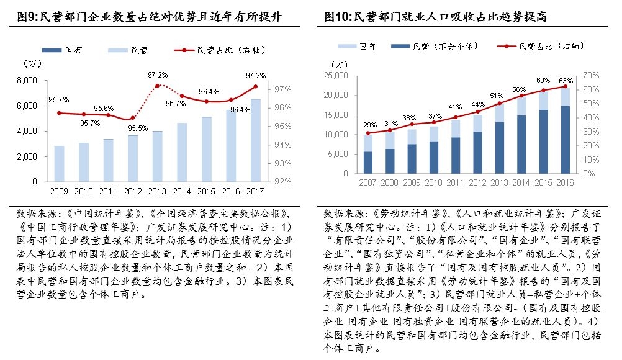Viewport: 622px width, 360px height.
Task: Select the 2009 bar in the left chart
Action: click(59, 164)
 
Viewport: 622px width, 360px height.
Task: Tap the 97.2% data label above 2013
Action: click(158, 75)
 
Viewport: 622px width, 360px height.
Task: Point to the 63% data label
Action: click(565, 80)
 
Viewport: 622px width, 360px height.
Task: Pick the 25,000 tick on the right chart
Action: click(335, 76)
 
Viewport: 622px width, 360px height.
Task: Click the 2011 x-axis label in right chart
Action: click(456, 182)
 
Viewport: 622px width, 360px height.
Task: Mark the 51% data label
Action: click(497, 96)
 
